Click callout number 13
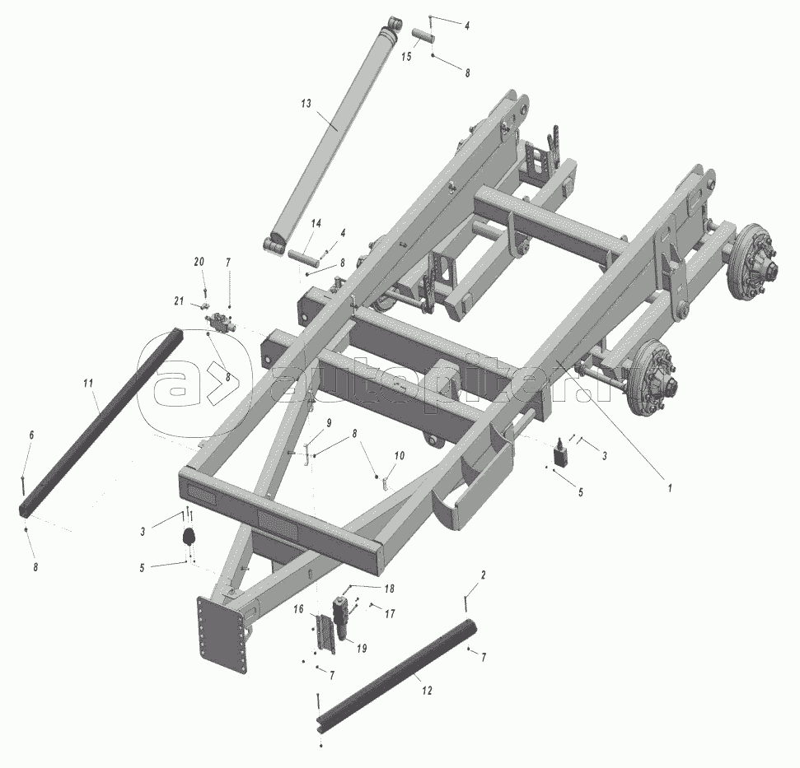click(306, 104)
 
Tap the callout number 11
click(89, 382)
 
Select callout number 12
click(427, 691)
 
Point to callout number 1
click(670, 487)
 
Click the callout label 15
click(406, 57)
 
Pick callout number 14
click(316, 224)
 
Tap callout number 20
click(199, 262)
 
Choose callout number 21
click(179, 301)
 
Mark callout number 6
click(31, 435)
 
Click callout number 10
click(400, 455)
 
